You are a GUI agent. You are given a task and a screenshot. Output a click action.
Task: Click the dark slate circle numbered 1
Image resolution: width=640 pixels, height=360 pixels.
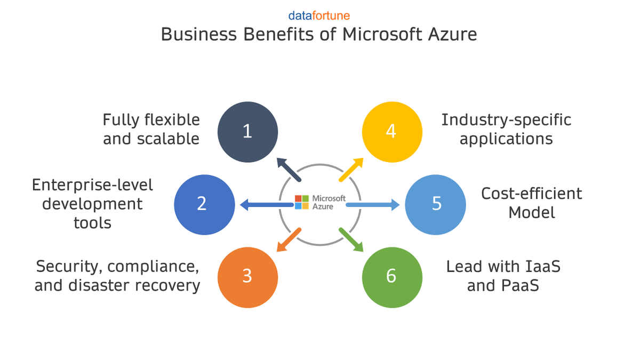(248, 132)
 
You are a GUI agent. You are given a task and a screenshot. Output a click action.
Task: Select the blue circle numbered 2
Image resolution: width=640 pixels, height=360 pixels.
(204, 204)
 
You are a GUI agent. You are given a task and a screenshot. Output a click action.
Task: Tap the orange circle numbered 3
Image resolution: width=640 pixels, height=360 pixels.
(248, 276)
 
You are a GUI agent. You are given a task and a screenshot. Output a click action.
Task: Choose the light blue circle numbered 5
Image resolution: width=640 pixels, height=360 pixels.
(435, 204)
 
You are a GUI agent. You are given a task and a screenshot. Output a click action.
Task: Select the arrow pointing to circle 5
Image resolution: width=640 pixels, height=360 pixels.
(373, 204)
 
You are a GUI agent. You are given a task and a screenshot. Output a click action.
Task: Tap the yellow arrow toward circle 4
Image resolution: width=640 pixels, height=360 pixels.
(351, 170)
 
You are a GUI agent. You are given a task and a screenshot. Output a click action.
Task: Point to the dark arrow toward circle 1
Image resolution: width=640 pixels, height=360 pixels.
(289, 170)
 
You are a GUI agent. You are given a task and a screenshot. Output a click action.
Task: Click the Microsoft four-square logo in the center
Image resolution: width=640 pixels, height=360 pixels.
(302, 202)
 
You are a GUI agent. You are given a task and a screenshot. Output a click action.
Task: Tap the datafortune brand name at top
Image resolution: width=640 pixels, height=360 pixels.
(319, 15)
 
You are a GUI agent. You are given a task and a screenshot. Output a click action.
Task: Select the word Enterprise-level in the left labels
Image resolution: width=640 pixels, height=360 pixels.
(92, 185)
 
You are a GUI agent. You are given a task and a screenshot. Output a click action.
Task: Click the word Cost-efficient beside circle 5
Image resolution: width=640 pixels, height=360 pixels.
(531, 193)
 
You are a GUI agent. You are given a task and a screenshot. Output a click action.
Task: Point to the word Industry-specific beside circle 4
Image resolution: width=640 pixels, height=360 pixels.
(506, 120)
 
